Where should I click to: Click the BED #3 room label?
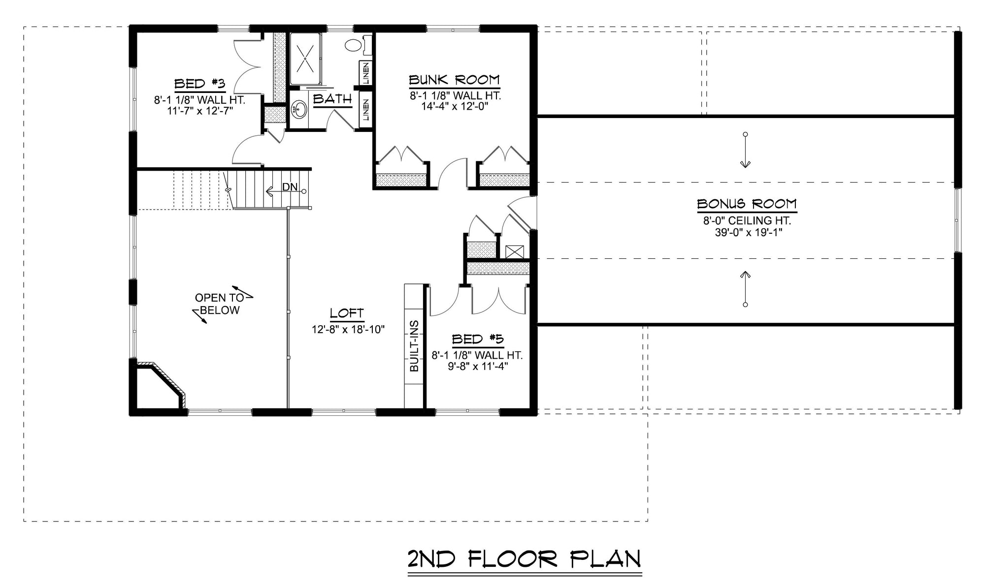pos(200,84)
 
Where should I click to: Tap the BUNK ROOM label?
pos(454,80)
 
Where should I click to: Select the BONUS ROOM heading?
pos(747,204)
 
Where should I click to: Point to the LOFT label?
pos(347,313)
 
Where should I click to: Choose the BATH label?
pos(332,98)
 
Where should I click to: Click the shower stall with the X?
pos(306,59)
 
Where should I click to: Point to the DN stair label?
pos(290,187)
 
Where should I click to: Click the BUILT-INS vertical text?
pos(414,346)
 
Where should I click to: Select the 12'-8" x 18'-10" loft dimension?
pos(348,329)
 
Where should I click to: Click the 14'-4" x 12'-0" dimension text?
pos(454,106)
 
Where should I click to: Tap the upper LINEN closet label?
pos(366,73)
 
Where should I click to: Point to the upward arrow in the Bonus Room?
pos(745,289)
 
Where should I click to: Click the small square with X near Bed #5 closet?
pos(515,252)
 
